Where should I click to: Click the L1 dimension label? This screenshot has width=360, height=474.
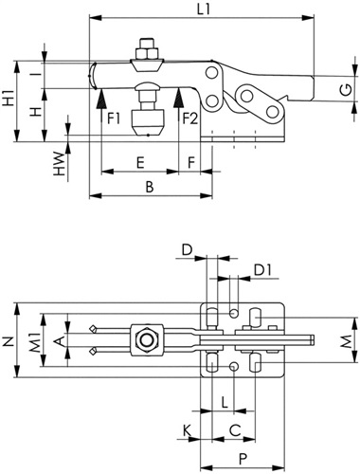[204, 9]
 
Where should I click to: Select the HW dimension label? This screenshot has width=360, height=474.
[59, 164]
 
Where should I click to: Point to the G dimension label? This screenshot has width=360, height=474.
[346, 90]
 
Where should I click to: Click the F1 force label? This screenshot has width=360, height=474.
[114, 119]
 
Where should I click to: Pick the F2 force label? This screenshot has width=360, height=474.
[190, 119]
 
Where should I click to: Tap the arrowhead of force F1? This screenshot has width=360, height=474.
[101, 99]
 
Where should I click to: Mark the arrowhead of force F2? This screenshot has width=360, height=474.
[179, 99]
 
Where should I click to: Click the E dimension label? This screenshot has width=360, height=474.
[140, 163]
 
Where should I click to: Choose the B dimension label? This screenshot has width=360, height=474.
[150, 187]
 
